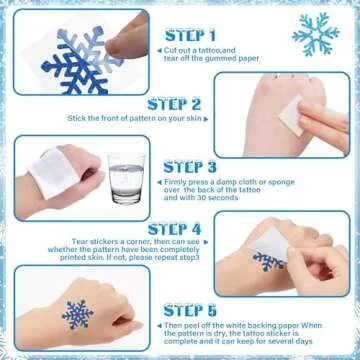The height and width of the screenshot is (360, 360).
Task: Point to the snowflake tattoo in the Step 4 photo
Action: click(269, 261)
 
